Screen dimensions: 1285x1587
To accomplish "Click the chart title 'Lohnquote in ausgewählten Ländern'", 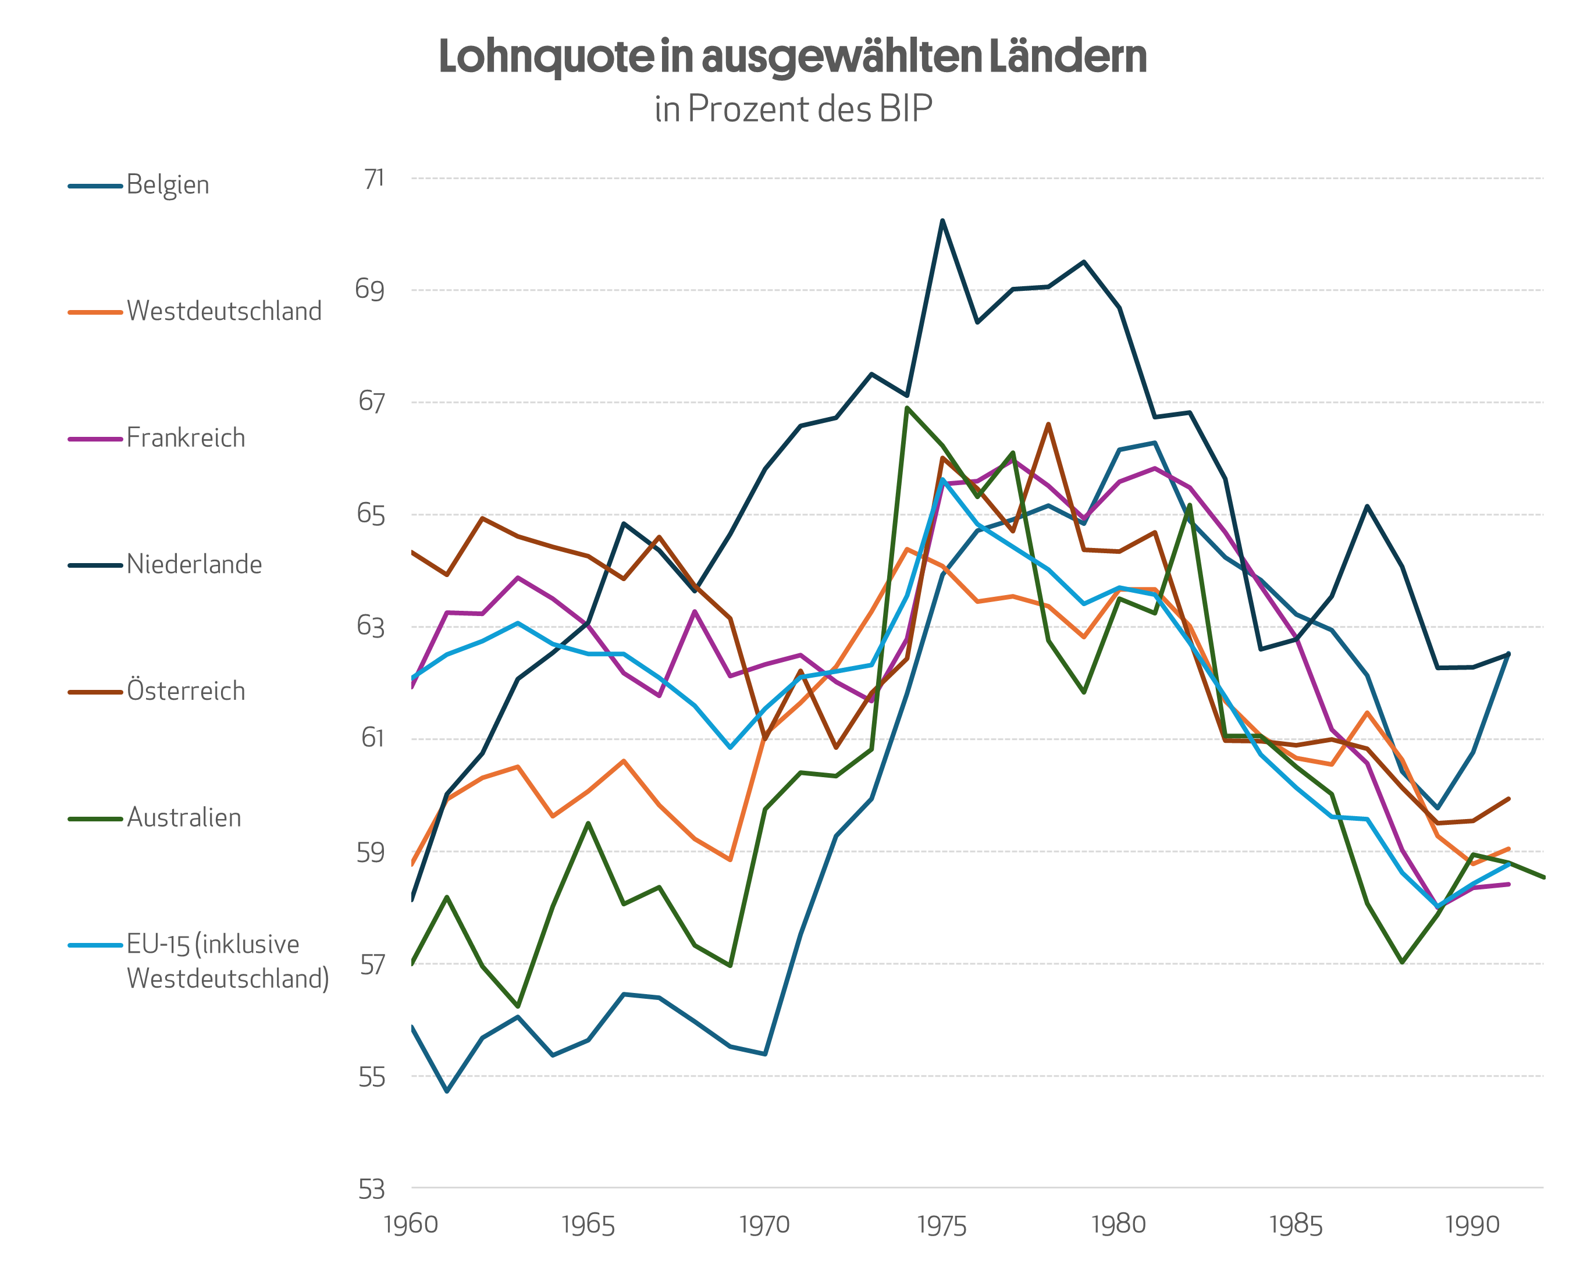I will [x=792, y=57].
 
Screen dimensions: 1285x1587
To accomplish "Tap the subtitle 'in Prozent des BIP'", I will [x=793, y=109].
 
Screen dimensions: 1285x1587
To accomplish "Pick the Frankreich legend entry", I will [x=185, y=438].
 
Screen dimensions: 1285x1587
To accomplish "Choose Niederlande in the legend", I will [x=194, y=565].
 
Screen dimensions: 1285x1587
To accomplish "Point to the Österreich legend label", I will [x=185, y=691].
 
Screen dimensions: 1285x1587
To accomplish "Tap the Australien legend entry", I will [x=184, y=818].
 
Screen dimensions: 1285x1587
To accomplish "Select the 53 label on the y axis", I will [x=372, y=1190].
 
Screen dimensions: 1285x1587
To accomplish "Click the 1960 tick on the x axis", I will [x=411, y=1225].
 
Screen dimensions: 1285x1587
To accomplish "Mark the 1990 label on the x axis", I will [x=1472, y=1225].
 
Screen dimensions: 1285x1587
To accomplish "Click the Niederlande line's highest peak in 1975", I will [x=942, y=220].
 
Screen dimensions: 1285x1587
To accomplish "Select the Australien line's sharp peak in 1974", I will [x=907, y=408].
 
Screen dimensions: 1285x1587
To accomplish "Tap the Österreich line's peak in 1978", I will [x=1048, y=424].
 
